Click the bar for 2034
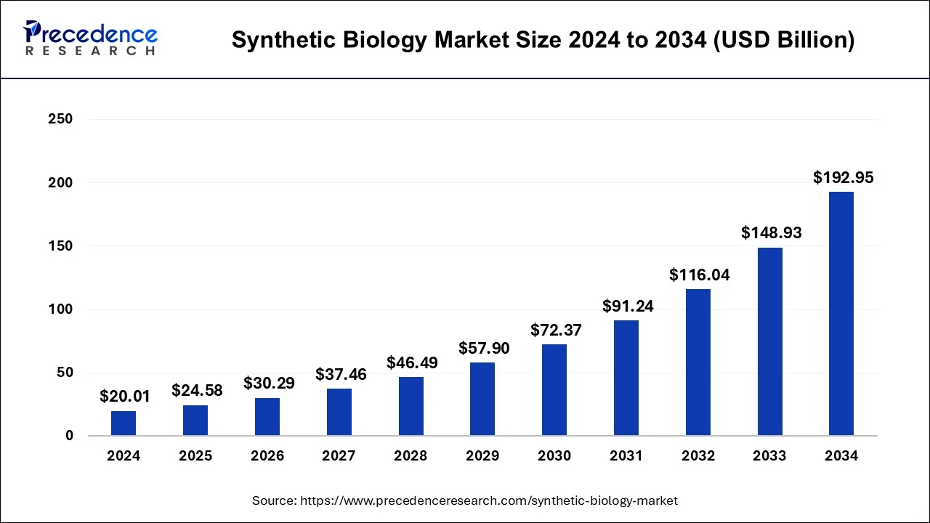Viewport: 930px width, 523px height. click(841, 314)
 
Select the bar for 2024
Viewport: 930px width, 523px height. click(124, 423)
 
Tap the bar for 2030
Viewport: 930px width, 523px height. click(554, 390)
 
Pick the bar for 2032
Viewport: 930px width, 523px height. click(698, 362)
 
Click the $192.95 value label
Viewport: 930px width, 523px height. click(843, 177)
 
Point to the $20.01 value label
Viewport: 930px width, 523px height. click(124, 397)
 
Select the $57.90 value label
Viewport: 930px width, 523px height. click(484, 348)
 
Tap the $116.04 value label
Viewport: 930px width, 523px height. click(699, 275)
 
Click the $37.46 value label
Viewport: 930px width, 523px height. click(341, 375)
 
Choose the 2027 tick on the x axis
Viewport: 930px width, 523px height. click(339, 456)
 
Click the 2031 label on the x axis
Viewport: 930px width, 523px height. click(626, 456)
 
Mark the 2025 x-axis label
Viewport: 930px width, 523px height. click(195, 456)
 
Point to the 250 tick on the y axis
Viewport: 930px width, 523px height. click(60, 119)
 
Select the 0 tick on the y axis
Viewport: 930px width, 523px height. click(68, 436)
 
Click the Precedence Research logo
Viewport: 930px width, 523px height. click(90, 38)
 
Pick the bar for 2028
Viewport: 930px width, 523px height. click(411, 406)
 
